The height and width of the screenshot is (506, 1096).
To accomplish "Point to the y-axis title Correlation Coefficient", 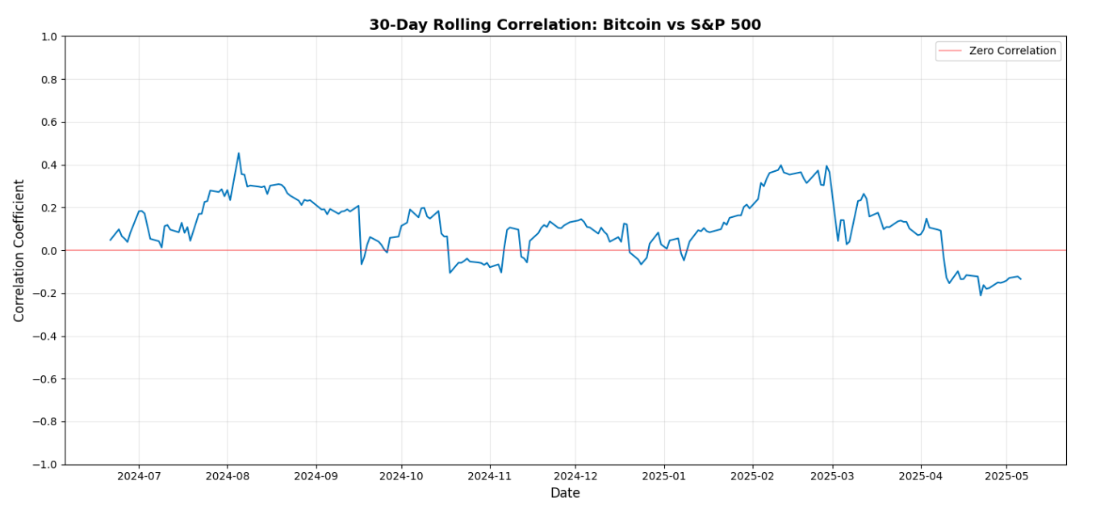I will [19, 250].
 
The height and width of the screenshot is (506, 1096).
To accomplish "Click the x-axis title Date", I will [565, 493].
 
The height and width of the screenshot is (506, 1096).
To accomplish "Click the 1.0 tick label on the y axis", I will [48, 37].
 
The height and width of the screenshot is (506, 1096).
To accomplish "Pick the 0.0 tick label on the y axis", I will [48, 251].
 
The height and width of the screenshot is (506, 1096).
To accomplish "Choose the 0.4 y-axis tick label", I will [48, 165].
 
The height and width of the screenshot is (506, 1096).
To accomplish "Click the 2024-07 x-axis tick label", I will [138, 475].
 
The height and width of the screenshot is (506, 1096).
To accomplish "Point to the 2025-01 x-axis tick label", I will [664, 475].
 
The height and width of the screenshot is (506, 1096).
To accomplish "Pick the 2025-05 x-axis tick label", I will [1006, 475].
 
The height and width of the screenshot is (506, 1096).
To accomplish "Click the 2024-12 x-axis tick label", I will [575, 475].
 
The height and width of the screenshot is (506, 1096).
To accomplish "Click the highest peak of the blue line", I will [238, 153].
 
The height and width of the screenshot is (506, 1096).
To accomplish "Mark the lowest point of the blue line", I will [981, 295].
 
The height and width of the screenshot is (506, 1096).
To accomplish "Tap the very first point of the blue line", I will [111, 240].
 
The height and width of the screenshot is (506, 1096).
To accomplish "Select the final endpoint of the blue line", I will [1021, 279].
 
